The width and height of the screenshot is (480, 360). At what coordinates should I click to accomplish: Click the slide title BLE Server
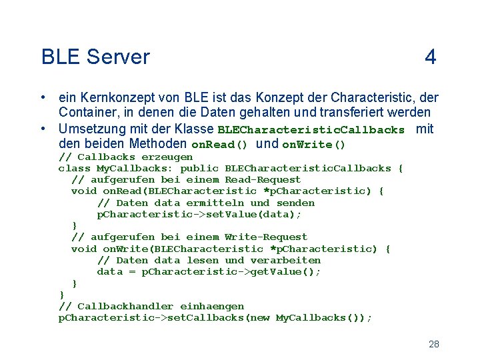click(x=95, y=57)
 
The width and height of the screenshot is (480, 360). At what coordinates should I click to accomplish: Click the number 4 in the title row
click(x=431, y=57)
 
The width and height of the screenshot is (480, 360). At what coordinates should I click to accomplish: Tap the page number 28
click(x=433, y=344)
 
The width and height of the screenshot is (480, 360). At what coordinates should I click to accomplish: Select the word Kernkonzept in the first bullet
click(x=115, y=97)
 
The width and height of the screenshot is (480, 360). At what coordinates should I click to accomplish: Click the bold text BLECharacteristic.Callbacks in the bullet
click(x=311, y=130)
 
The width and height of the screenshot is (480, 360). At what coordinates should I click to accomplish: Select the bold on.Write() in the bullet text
click(x=314, y=145)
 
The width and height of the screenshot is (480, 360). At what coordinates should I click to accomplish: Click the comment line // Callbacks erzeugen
click(x=126, y=157)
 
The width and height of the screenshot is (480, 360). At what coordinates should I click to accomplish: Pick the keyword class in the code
click(x=74, y=168)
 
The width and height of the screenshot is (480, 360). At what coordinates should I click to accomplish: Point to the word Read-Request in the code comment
click(x=263, y=179)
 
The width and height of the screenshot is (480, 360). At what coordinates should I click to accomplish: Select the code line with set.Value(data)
click(x=199, y=214)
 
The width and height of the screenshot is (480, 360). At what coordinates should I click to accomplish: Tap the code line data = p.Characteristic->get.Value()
click(x=209, y=271)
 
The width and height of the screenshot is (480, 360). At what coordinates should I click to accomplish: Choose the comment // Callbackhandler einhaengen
click(x=151, y=306)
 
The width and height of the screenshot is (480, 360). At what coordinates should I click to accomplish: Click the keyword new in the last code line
click(x=260, y=317)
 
